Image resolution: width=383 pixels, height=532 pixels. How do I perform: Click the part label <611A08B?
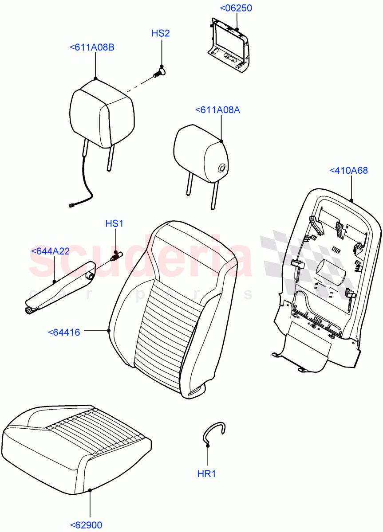pos(92,47)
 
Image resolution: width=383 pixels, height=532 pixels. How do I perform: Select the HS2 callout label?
pos(161,33)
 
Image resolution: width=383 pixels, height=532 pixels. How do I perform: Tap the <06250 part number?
pos(236,8)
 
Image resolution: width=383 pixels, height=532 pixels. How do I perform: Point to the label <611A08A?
pos(217,110)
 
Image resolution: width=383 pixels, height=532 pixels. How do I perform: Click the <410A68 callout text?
pos(348,170)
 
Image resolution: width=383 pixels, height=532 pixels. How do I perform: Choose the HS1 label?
pos(114,223)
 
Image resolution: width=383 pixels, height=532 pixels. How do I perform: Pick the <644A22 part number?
pos(51,251)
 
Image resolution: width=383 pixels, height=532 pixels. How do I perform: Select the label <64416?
pos(64,332)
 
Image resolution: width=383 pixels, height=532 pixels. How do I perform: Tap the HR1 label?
pos(206,474)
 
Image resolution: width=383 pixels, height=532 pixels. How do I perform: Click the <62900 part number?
pos(86,525)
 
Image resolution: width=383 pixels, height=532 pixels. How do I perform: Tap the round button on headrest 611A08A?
pos(221,168)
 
